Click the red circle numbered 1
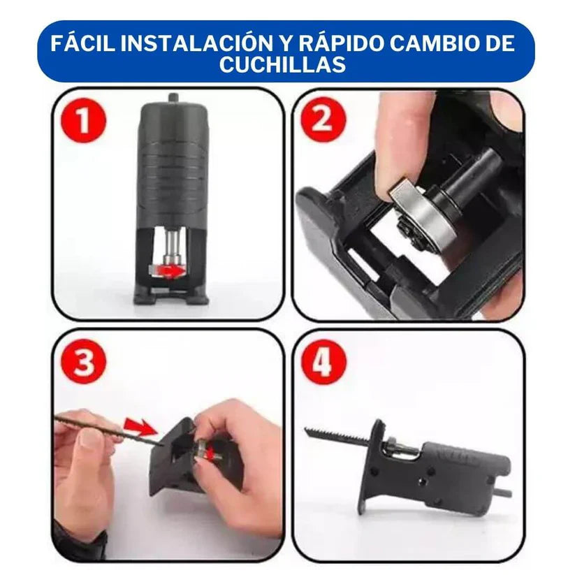pos(83,120)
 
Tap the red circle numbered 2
pos(323,120)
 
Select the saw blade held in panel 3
pos(105,428)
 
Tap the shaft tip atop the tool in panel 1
pos(171,99)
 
